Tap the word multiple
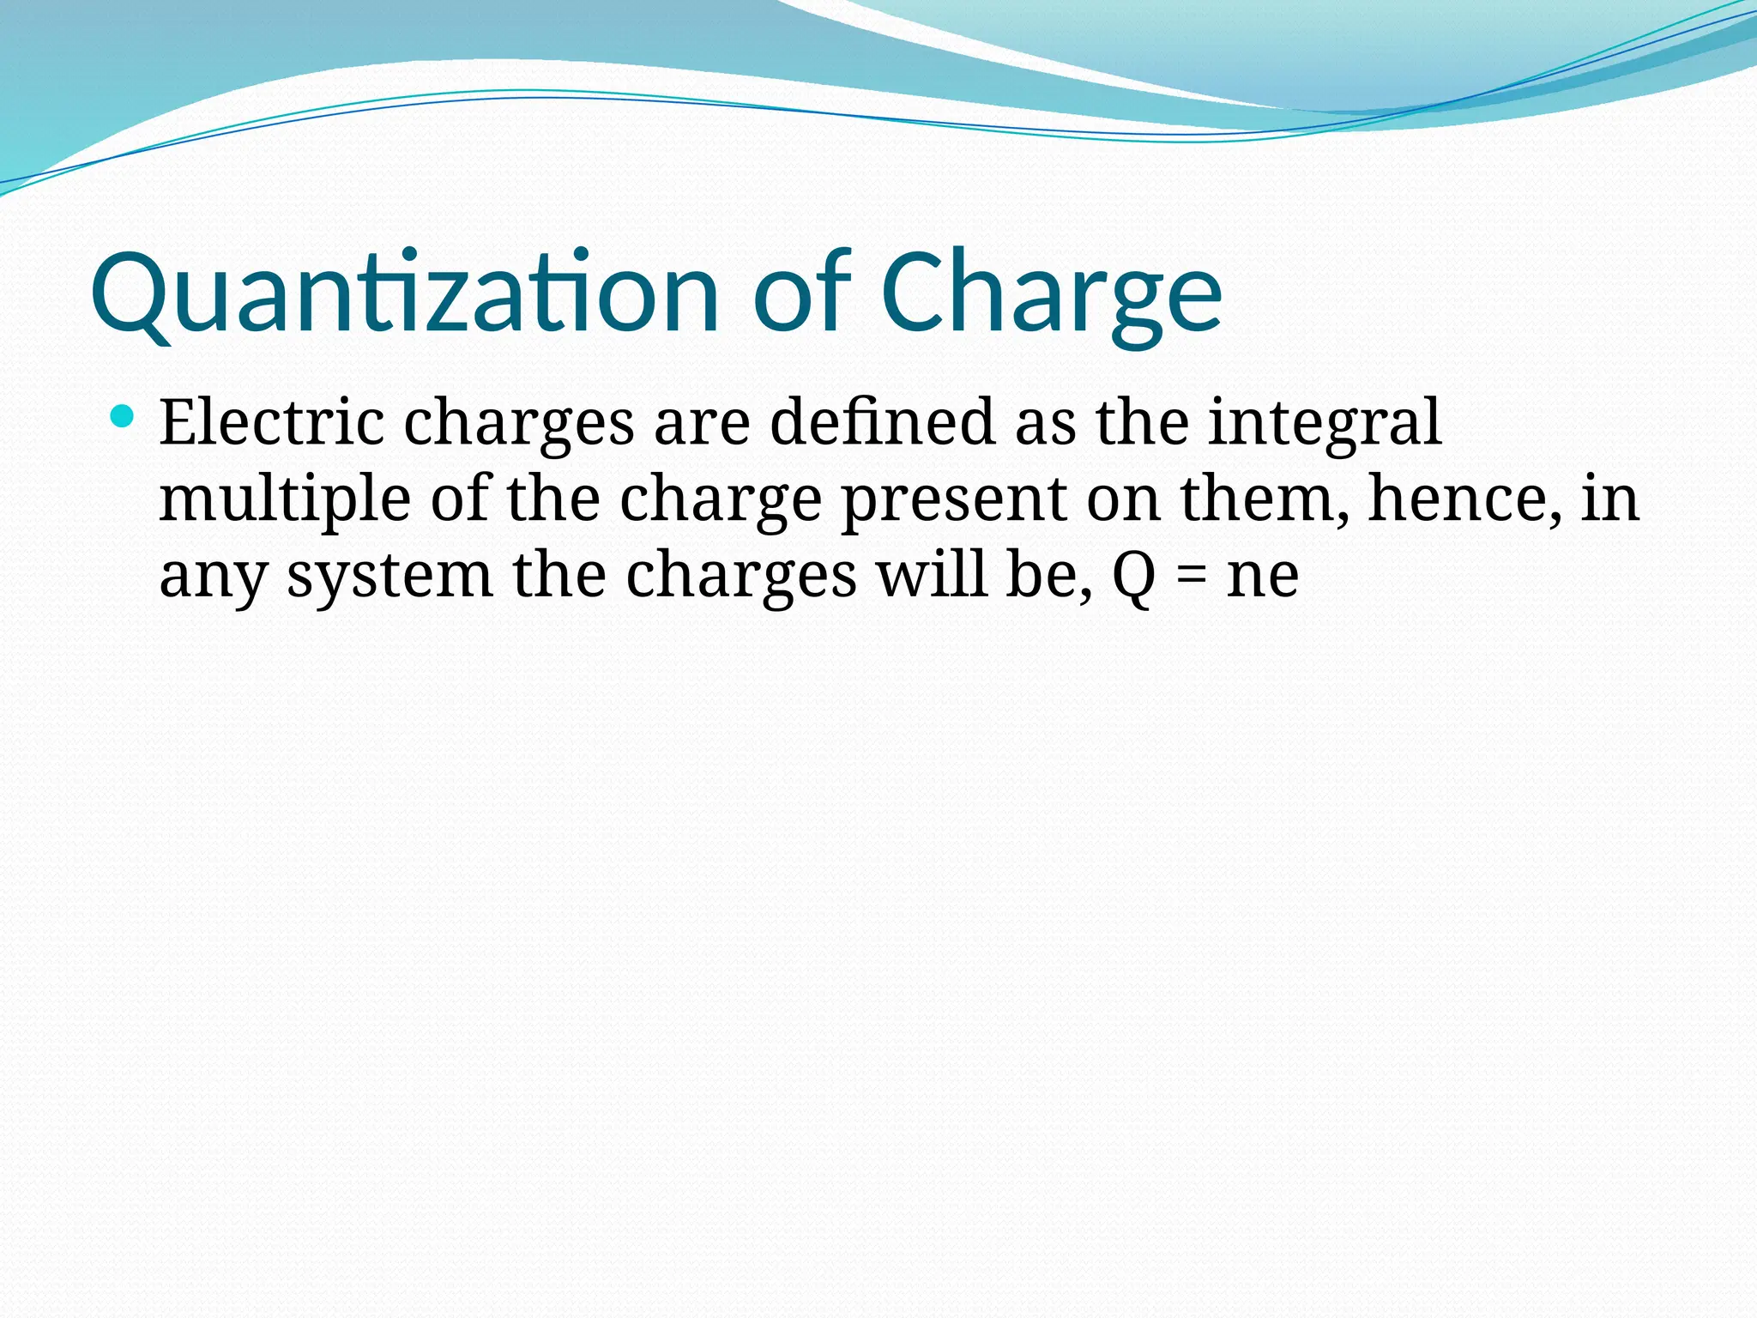285,499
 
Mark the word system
389,577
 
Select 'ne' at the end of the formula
1262,577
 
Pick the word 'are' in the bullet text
702,424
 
